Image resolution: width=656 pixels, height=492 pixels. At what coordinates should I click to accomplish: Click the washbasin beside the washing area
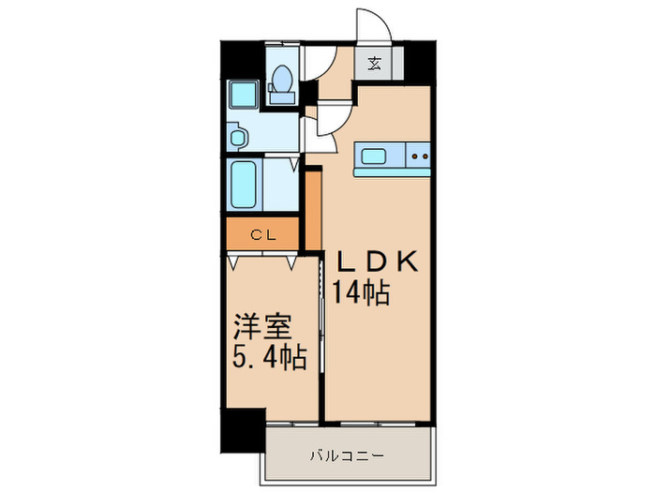(x=236, y=138)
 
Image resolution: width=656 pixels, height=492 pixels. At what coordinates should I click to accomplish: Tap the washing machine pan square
(x=245, y=95)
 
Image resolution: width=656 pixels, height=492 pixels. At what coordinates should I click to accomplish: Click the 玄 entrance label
(x=375, y=65)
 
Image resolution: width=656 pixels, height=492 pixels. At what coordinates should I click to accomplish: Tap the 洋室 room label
(x=263, y=328)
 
